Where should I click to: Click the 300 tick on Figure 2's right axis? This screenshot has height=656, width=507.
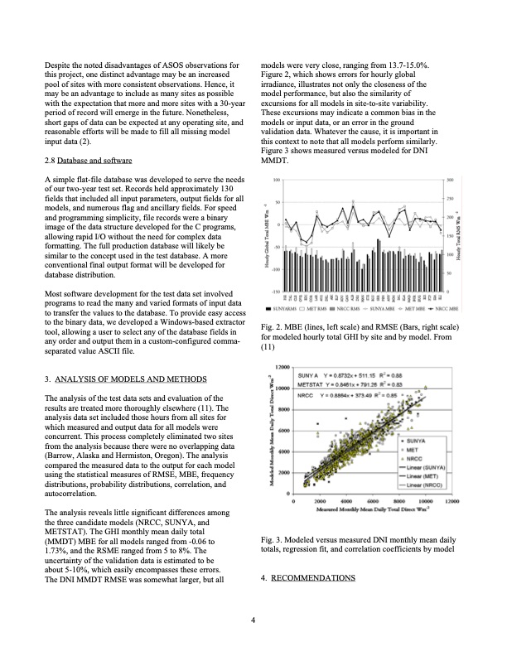tap(449, 180)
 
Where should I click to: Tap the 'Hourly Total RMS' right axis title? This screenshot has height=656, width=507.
tap(461, 236)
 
